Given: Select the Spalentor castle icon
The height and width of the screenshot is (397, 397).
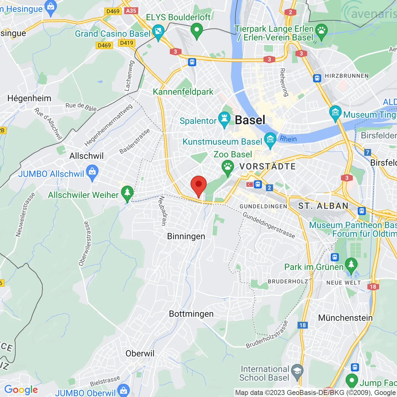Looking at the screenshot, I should click(224, 119).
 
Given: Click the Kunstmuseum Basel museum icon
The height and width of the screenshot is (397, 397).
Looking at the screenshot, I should click(270, 140).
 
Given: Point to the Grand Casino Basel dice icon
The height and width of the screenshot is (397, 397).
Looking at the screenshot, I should click(158, 31).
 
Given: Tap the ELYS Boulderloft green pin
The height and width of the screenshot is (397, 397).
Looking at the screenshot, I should click(197, 30).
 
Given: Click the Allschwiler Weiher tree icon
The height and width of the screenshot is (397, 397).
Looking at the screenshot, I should click(127, 192).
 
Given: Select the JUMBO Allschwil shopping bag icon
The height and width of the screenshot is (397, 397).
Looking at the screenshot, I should click(92, 172).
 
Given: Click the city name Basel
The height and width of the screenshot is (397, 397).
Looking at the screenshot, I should click(250, 120).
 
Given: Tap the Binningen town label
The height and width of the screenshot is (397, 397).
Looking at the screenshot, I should click(186, 236).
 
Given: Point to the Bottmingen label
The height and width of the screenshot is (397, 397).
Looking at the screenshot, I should click(191, 314).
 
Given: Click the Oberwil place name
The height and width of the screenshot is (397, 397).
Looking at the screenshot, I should click(140, 353).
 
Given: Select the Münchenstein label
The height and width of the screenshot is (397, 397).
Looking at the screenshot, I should click(345, 318).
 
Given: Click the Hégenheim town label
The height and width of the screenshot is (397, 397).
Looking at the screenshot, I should click(29, 98).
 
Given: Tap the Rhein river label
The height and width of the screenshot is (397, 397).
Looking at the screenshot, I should click(288, 139).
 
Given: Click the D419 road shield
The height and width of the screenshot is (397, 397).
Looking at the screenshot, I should click(127, 43).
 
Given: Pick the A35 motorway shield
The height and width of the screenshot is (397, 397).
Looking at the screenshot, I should click(131, 11).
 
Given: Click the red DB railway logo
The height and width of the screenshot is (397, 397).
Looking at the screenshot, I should click(250, 184).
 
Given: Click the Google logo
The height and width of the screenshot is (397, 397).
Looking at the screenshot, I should click(21, 390).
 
